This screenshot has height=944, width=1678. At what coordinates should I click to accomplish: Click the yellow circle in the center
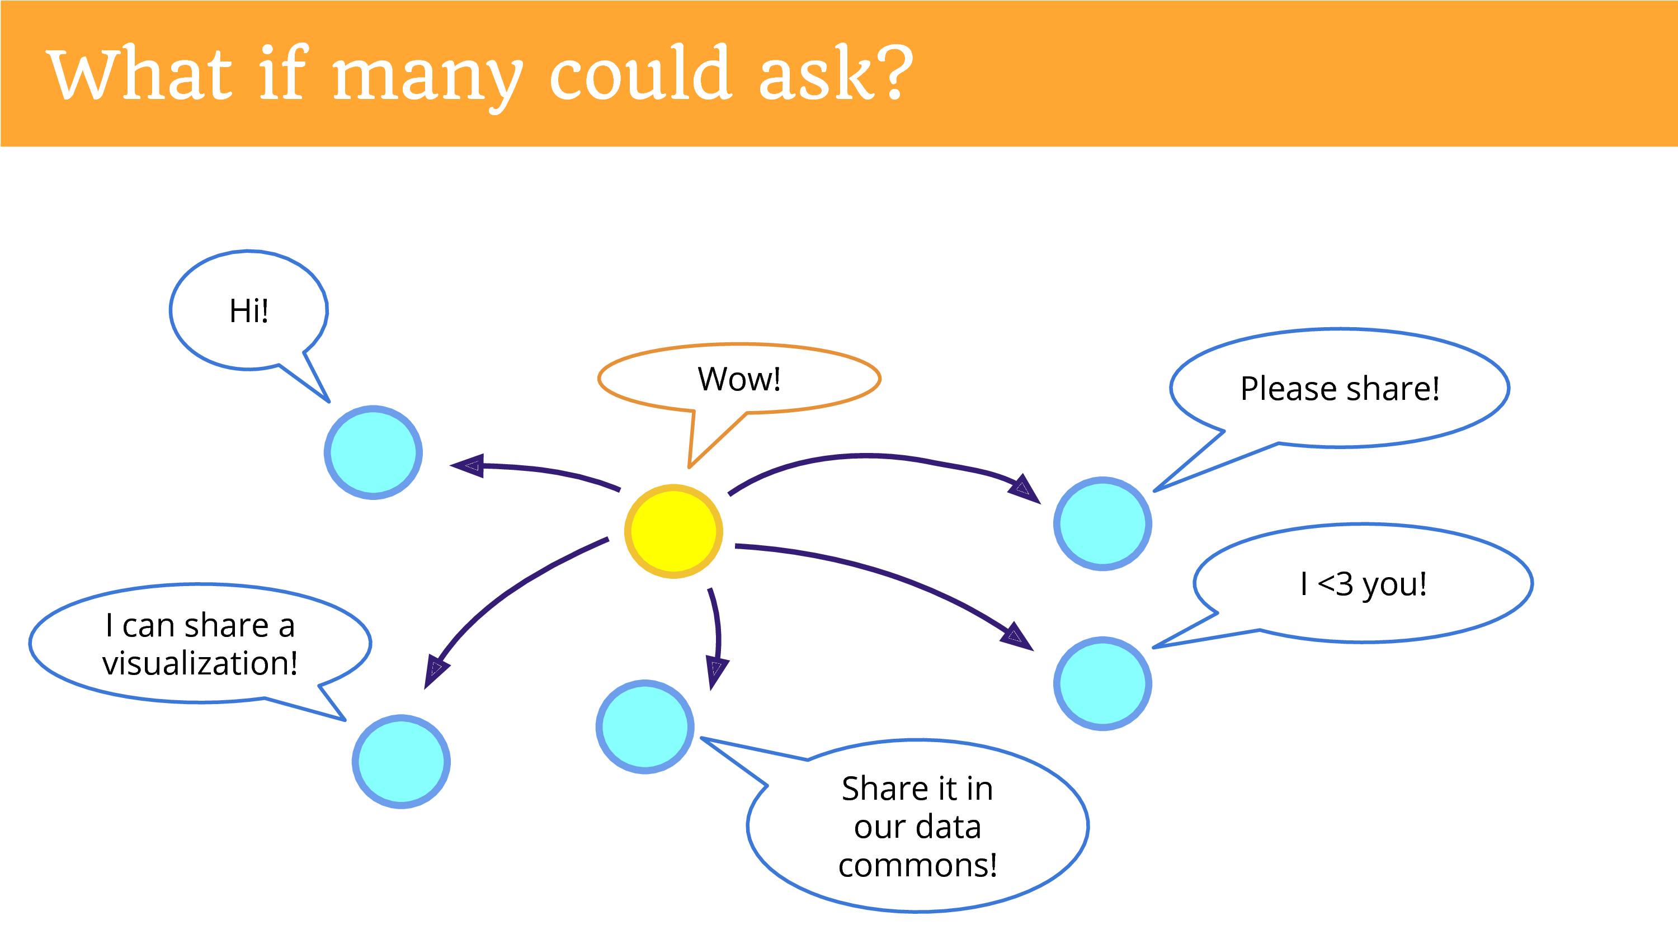(673, 531)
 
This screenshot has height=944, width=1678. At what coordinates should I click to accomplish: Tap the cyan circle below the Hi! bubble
(373, 452)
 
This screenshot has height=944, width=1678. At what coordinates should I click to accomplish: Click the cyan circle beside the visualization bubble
(401, 762)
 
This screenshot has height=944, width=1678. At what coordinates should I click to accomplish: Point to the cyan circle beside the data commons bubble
(645, 726)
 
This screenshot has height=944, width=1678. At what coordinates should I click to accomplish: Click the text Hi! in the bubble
(249, 311)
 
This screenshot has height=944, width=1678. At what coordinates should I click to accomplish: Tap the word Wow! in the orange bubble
(739, 379)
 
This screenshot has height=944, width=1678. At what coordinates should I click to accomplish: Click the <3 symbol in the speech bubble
(1335, 584)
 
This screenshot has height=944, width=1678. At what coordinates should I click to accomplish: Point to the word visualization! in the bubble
(200, 663)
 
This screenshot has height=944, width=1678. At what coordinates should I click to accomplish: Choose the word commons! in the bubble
(917, 865)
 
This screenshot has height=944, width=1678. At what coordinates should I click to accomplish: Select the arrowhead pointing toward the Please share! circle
(1025, 489)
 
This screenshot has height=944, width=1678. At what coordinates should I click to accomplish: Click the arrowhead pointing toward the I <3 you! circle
(1017, 636)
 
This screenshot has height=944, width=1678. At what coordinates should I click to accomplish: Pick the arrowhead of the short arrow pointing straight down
(716, 672)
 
